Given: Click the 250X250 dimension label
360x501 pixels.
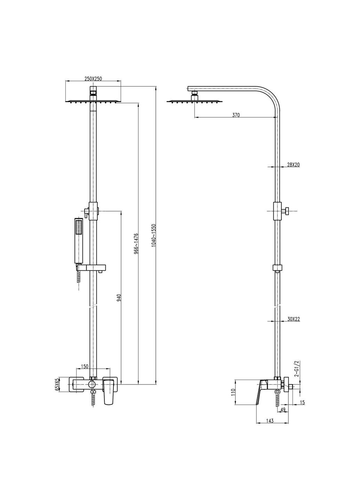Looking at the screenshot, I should [x=93, y=79].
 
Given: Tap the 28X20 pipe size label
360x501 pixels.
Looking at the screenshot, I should [x=294, y=165].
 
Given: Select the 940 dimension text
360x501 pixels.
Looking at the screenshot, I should [x=119, y=298].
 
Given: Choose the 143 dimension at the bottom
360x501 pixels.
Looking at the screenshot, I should [x=270, y=421].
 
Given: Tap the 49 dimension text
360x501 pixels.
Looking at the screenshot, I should [x=283, y=410].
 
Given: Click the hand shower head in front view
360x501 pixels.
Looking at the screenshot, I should [x=79, y=240].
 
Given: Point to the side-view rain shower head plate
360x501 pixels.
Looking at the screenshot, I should [x=194, y=102].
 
